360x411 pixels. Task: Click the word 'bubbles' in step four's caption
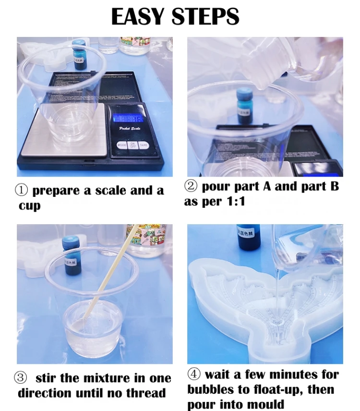point(214,389)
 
